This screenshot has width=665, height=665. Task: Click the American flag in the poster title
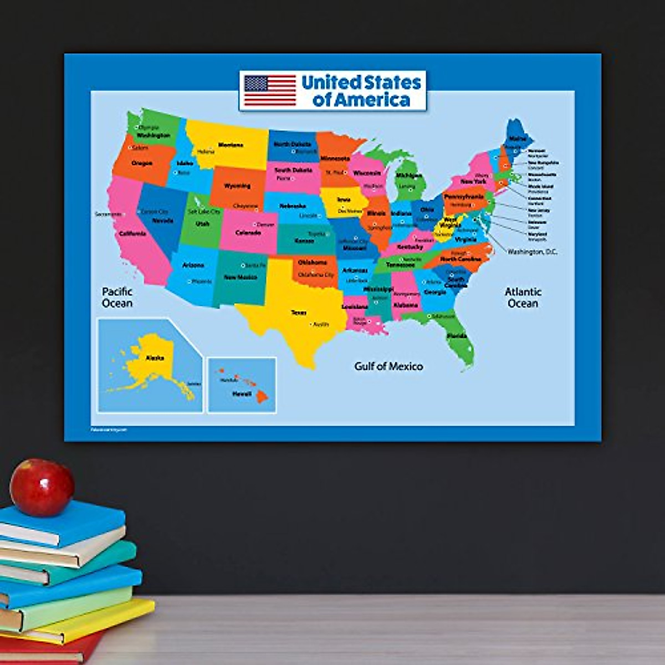pos(270,90)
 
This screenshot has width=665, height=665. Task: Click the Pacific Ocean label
pos(117,297)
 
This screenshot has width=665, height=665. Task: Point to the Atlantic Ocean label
pos(523,297)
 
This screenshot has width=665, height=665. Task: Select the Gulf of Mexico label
pos(388,366)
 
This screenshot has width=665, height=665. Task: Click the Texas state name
pos(299,313)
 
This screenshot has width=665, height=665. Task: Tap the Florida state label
pos(457,336)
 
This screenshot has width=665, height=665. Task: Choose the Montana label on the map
pos(231,145)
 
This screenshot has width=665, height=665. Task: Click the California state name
pos(133,234)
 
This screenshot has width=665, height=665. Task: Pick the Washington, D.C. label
pos(533,252)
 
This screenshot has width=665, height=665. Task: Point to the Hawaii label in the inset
pos(242,394)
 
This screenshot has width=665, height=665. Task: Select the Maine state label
pos(518,139)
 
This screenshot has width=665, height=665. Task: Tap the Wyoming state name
pos(237,186)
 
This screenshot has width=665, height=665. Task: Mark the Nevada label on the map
pos(163,221)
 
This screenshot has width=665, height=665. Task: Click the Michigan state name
pos(408,176)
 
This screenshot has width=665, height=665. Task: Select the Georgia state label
pos(435,292)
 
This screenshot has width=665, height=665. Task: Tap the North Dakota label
pos(293,144)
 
